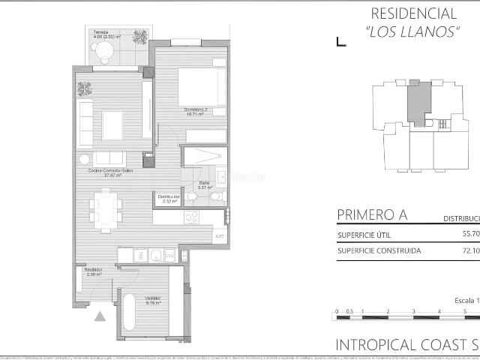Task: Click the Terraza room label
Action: click(x=102, y=32)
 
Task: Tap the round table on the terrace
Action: click(x=104, y=50)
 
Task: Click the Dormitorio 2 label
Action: click(x=196, y=110)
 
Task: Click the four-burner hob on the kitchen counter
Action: click(x=190, y=217)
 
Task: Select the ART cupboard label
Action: click(x=220, y=236)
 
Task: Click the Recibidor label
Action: click(x=93, y=270)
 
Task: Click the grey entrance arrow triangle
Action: click(x=100, y=316)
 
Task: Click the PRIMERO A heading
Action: click(x=372, y=215)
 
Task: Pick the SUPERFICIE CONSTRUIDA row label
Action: click(x=379, y=250)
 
